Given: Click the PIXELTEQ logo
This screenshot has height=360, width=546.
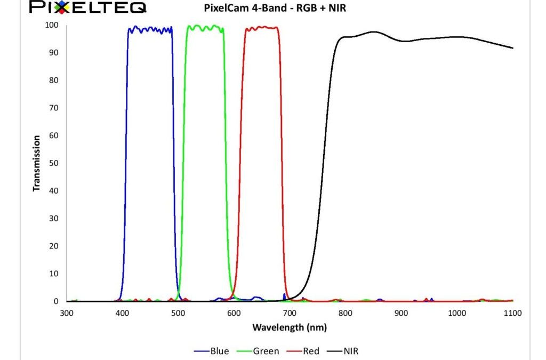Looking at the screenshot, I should (x=88, y=7).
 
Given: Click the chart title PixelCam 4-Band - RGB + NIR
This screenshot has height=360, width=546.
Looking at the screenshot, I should (x=276, y=9).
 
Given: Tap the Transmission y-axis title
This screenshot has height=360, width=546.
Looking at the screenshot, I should (x=37, y=163).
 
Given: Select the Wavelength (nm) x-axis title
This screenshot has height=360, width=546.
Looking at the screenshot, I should (x=290, y=327).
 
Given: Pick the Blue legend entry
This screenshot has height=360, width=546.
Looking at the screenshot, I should (x=212, y=350).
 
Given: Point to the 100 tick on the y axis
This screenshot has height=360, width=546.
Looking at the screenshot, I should (x=52, y=25).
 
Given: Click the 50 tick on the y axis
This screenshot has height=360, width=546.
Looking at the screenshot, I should (x=54, y=163).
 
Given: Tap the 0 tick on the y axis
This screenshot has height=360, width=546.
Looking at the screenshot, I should (x=56, y=301).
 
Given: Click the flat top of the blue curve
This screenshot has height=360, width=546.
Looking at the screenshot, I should (x=150, y=29).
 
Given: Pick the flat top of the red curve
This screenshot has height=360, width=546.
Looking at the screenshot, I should (x=261, y=28).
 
